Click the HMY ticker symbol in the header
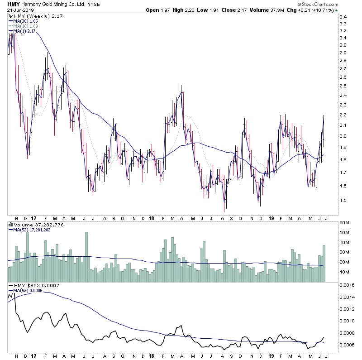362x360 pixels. coord(13,4)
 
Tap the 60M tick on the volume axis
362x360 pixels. coord(345,223)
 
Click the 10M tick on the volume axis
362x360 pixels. coord(345,272)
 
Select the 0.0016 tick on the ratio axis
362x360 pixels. coord(348,286)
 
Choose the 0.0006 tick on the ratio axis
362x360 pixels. coord(348,345)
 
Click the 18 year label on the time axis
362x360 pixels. coord(152,217)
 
